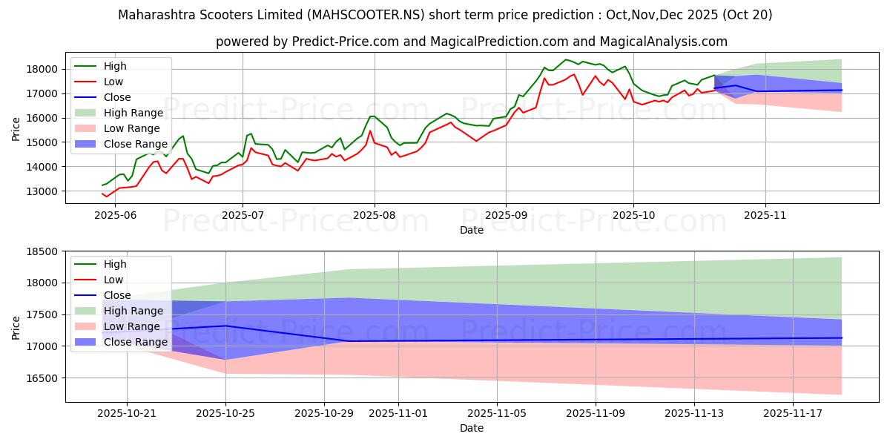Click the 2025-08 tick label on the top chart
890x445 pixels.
tap(375, 215)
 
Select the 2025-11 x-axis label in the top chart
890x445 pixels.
tap(765, 215)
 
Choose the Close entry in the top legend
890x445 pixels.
tap(117, 97)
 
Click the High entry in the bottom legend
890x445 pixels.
tap(115, 264)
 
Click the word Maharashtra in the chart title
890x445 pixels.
tap(153, 14)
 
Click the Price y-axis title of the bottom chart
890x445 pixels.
tap(17, 327)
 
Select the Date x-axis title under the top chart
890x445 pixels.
tap(472, 230)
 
